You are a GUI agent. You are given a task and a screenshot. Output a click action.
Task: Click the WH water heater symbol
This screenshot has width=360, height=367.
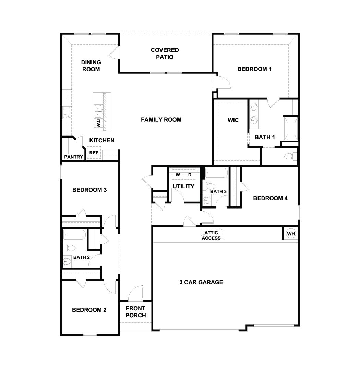coord(291,234)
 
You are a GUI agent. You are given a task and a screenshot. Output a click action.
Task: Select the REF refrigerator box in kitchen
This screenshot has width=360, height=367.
coord(94,153)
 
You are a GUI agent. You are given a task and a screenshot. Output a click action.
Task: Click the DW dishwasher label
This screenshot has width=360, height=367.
coord(98,123)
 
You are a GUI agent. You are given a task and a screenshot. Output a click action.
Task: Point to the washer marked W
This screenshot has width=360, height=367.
coord(178,175)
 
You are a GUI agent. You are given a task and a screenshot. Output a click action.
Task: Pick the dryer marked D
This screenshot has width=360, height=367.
coord(190,175)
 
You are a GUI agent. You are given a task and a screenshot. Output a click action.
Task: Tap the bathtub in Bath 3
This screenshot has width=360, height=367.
coord(216,173)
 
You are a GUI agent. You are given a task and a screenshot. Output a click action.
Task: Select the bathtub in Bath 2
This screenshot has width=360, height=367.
coord(74,235)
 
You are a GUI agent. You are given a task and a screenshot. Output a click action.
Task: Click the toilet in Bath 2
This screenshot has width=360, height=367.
coord(69,248)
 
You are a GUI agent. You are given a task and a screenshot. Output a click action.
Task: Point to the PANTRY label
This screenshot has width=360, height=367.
coord(73,157)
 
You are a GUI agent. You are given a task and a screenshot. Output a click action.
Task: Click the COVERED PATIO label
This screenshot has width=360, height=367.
coord(165,54)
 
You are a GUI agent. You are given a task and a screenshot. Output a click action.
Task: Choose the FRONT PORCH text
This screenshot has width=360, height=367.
coord(135,312)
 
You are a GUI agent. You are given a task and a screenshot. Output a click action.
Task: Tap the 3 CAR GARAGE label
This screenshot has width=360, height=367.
coord(201,282)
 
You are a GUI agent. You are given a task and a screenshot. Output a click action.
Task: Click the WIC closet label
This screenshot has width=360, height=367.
coord(233,120)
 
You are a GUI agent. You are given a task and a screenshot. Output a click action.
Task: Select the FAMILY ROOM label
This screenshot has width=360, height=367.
coord(161,120)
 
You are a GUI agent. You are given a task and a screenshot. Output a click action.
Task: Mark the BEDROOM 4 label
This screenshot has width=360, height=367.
coord(270,198)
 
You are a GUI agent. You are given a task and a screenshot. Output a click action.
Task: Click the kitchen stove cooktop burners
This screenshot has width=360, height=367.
coord(67,113)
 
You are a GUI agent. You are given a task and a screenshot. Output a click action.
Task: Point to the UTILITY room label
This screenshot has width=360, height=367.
coord(183,186)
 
